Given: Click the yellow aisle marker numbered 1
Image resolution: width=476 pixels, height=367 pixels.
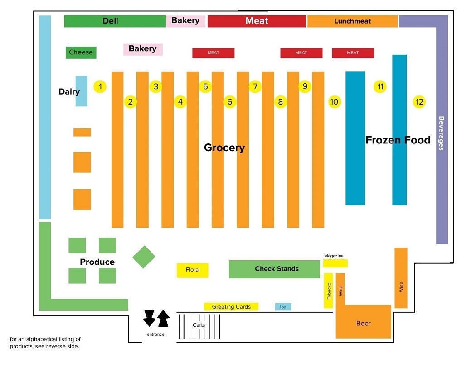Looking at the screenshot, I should [100, 86].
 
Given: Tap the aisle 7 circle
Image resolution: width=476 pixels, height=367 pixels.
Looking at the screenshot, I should [255, 86].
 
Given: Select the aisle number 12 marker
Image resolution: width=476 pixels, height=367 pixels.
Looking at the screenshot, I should [419, 102].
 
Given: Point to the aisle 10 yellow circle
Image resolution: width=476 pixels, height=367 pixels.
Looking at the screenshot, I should [334, 102].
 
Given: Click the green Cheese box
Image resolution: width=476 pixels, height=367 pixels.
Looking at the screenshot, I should [81, 52].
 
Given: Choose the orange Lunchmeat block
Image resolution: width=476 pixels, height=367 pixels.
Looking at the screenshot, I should [352, 21].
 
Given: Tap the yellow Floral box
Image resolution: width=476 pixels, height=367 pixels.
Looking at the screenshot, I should [192, 270].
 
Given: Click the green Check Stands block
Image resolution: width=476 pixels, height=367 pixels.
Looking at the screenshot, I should [274, 269].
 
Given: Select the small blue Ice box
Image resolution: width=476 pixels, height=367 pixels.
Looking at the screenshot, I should [283, 307].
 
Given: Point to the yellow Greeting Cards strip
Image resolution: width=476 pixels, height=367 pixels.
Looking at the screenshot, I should [231, 307].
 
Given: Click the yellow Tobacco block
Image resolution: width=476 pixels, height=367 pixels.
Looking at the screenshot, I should [329, 290].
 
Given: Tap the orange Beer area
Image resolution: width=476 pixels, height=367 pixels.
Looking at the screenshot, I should [363, 322].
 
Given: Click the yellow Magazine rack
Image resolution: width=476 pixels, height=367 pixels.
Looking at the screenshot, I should [335, 263].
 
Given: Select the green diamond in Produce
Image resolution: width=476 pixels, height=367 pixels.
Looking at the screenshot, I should [144, 257].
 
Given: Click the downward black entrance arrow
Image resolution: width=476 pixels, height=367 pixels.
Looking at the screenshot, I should [149, 318].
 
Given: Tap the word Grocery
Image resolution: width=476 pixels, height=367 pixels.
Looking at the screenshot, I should [224, 148].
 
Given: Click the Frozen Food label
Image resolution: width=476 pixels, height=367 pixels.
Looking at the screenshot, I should [398, 140].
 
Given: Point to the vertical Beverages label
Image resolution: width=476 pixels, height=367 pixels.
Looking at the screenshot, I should [441, 133].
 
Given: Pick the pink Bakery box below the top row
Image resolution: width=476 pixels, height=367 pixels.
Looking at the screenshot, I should [143, 49].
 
